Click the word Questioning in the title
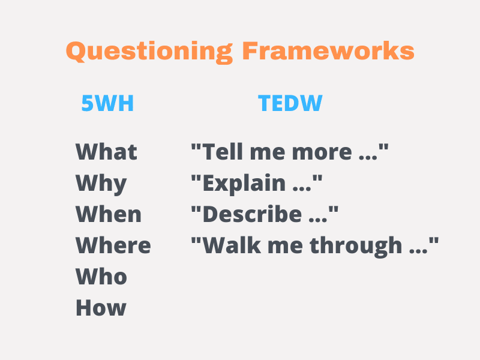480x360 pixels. coord(149,52)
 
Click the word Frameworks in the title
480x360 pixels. coord(328,50)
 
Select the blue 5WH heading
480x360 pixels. coord(107,103)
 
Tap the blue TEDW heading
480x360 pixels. coord(290,103)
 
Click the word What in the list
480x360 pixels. coord(106,152)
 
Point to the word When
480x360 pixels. coord(109,214)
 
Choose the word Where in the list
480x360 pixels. coord(113,245)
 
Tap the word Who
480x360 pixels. coord(101,277)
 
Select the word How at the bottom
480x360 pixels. coord(101,308)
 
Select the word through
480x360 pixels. coord(356,247)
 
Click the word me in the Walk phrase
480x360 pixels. coord(286,248)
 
